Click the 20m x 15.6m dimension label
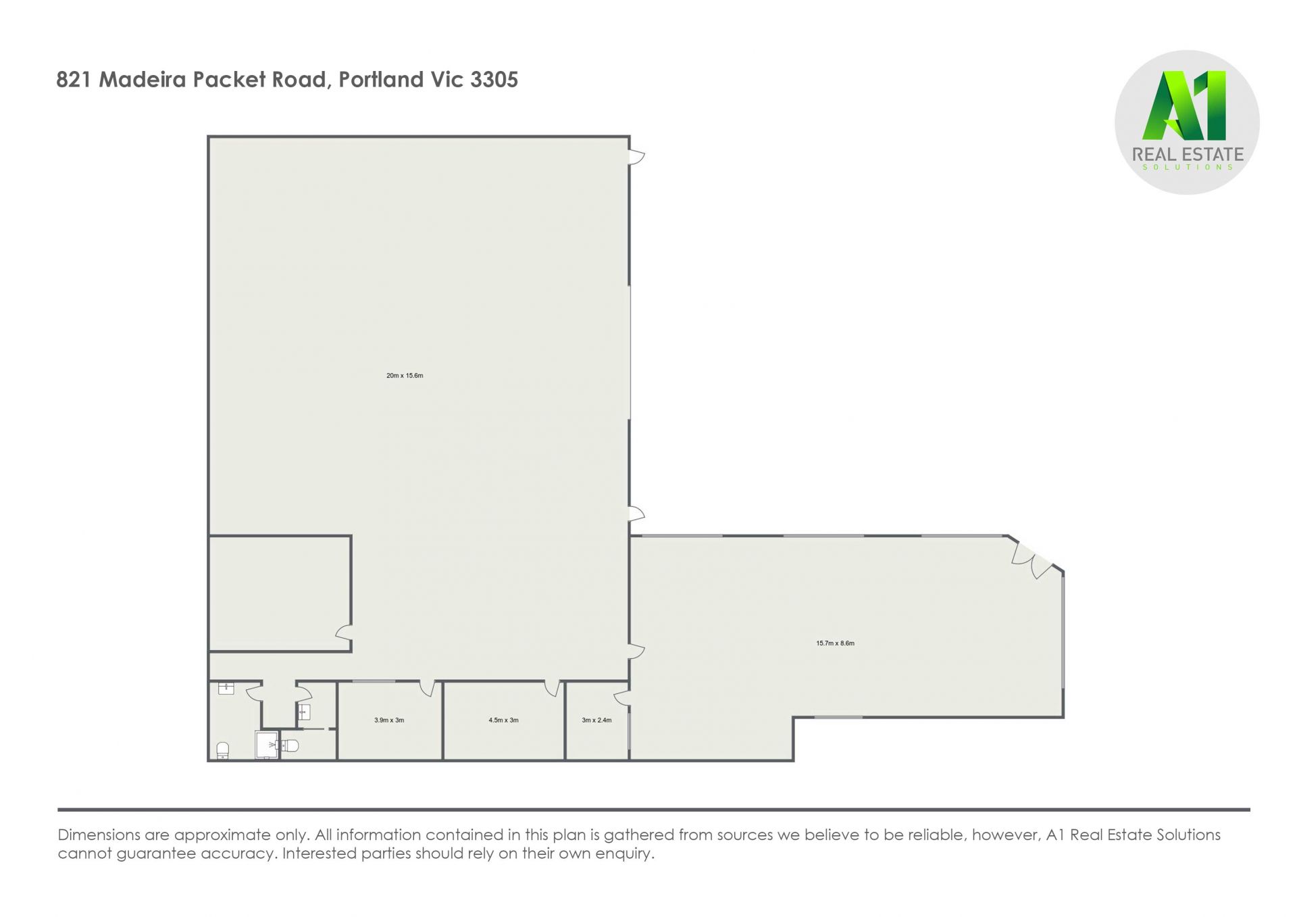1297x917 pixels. click(x=405, y=376)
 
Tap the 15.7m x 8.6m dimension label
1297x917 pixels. click(x=835, y=643)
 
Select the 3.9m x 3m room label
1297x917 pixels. click(x=389, y=720)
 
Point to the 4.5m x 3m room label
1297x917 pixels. click(x=503, y=720)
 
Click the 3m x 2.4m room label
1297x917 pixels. click(x=596, y=720)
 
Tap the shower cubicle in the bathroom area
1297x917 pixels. click(x=266, y=745)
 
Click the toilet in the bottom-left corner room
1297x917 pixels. click(x=222, y=750)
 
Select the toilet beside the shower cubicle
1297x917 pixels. click(x=288, y=745)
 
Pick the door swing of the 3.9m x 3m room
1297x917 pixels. click(x=427, y=689)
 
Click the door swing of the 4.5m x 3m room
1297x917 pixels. click(x=552, y=689)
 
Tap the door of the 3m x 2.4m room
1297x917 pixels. click(x=622, y=698)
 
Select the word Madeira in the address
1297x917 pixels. click(x=143, y=80)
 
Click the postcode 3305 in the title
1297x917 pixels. click(x=494, y=80)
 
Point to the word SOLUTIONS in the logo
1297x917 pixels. click(x=1188, y=167)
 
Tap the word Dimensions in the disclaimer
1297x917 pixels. click(x=99, y=835)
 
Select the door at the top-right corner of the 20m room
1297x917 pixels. click(x=637, y=157)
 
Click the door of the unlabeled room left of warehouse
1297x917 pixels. click(x=344, y=633)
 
